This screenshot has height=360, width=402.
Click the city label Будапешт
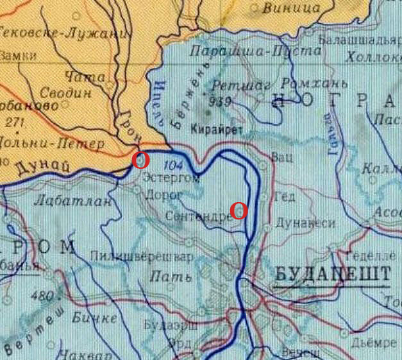tap(332, 275)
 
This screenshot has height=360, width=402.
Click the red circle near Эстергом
tap(140, 160)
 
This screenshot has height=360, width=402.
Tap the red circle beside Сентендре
tap(239, 210)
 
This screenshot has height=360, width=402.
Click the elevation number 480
tap(42, 296)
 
